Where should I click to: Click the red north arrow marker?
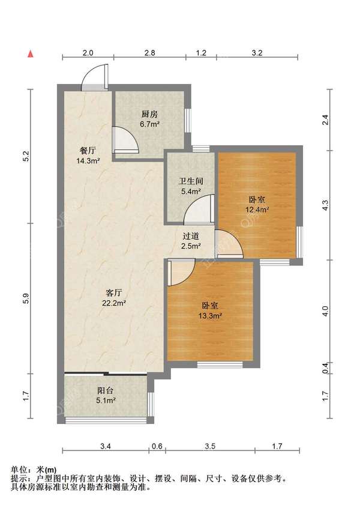[31, 54]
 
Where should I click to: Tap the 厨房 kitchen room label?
[149, 114]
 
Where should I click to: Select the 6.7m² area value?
[149, 124]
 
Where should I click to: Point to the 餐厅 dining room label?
[88, 151]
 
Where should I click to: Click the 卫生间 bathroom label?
[191, 181]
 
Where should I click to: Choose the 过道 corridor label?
[191, 236]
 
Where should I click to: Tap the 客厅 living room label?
[114, 293]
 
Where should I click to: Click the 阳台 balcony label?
[106, 390]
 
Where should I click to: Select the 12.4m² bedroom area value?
[257, 210]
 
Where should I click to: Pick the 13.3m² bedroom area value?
[210, 316]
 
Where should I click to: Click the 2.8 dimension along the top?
[149, 52]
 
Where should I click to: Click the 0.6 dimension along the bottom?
[157, 446]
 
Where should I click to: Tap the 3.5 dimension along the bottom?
[210, 446]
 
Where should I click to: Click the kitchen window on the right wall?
[188, 120]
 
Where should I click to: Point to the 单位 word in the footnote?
[19, 470]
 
